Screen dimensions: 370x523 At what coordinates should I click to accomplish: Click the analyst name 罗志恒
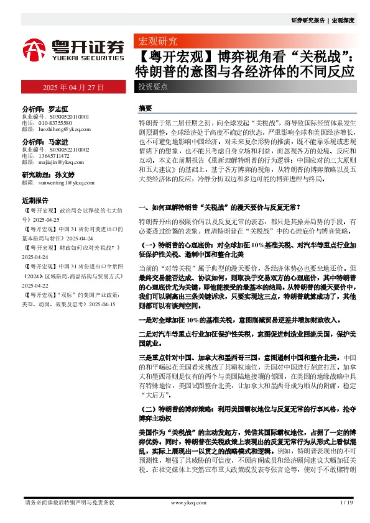pyautogui.click(x=60, y=108)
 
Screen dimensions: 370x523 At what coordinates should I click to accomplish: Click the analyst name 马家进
pyautogui.click(x=60, y=142)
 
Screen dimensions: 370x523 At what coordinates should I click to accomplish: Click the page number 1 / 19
pyautogui.click(x=347, y=502)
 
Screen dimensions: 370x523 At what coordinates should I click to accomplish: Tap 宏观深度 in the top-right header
pyautogui.click(x=343, y=20)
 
